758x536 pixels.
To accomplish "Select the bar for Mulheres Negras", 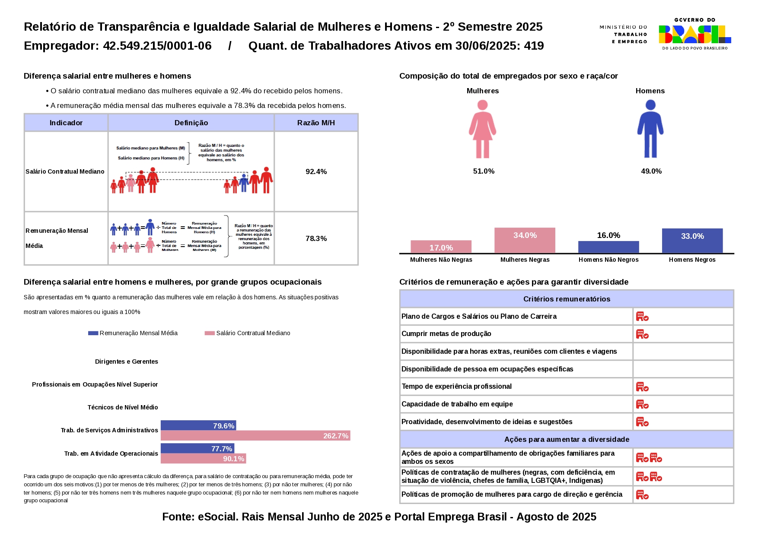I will (525, 240).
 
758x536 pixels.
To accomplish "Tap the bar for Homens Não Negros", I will (608, 247).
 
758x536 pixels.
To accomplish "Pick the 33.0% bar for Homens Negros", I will (692, 241).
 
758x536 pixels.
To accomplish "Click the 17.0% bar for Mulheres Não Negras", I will (441, 247).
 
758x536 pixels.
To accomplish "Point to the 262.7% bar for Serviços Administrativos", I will (255, 436).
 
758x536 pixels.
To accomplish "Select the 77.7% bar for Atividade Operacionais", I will (197, 448).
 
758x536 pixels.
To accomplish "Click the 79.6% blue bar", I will (198, 425).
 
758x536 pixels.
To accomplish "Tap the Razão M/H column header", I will (316, 123).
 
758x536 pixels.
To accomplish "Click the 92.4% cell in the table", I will (316, 171).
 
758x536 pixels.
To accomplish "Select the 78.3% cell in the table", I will (316, 238).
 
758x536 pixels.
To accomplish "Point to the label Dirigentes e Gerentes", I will (127, 362).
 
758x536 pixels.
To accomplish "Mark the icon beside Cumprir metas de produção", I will (642, 334).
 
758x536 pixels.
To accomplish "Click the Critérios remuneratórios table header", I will (567, 299).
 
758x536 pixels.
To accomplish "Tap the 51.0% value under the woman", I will (484, 171).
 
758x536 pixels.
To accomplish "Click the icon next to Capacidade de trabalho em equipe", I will (642, 404).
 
